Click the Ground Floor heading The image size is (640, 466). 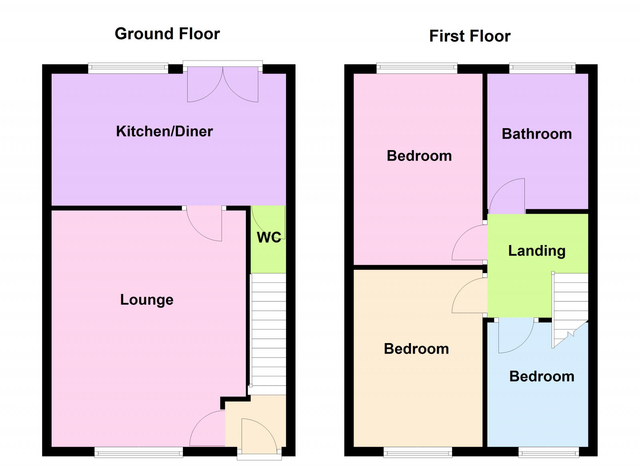pyautogui.click(x=167, y=34)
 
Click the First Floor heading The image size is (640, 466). pyautogui.click(x=470, y=36)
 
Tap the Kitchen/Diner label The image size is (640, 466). pyautogui.click(x=164, y=131)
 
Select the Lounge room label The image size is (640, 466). pyautogui.click(x=147, y=299)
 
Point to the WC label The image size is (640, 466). pyautogui.click(x=269, y=237)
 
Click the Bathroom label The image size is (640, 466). pyautogui.click(x=537, y=134)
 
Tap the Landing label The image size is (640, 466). pyautogui.click(x=537, y=251)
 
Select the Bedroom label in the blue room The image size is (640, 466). pyautogui.click(x=542, y=376)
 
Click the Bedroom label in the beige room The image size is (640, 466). pyautogui.click(x=416, y=349)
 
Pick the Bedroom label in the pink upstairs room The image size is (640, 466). pyautogui.click(x=419, y=156)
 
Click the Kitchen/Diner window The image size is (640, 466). pyautogui.click(x=128, y=68)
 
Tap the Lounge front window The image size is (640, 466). pyautogui.click(x=138, y=452)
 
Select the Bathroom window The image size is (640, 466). pyautogui.click(x=542, y=68)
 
